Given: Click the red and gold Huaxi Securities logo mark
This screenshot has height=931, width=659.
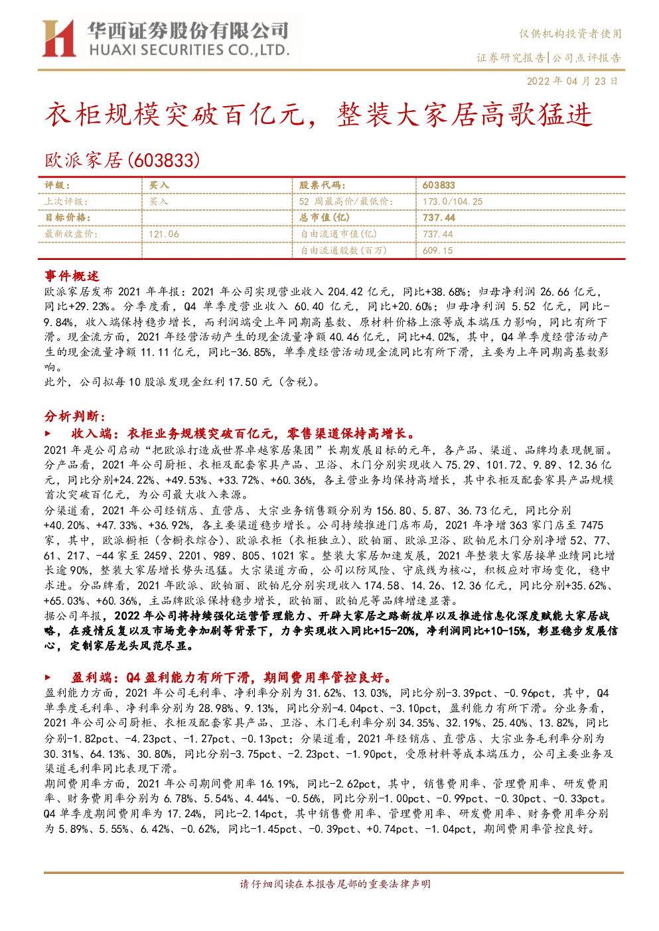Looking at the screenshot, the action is [x=59, y=38].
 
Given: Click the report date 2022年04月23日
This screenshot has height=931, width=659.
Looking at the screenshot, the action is [x=572, y=81].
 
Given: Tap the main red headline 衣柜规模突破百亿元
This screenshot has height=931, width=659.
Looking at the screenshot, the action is [x=175, y=115].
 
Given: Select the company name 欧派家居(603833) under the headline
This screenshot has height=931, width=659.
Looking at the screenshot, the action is [x=122, y=160].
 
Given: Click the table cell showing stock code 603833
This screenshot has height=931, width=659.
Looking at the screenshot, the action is [x=439, y=186].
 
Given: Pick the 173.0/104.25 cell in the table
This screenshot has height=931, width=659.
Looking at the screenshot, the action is [x=453, y=202].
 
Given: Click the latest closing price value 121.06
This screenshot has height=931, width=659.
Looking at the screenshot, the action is [x=164, y=235].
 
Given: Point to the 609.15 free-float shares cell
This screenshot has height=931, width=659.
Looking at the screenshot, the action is [x=437, y=251].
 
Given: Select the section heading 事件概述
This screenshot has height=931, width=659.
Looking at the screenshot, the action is [x=72, y=276].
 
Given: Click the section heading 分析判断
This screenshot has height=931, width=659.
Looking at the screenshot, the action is [x=75, y=416].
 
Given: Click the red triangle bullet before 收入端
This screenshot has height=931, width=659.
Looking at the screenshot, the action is [x=48, y=434].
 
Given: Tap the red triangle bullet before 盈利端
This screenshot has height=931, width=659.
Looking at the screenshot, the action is [x=48, y=678].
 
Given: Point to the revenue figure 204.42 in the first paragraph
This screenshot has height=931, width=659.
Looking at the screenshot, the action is [x=345, y=292].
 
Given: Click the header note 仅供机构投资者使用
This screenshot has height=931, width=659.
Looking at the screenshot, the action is [x=570, y=34].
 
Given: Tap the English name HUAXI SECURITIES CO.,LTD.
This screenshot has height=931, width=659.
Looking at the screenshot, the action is [x=189, y=50].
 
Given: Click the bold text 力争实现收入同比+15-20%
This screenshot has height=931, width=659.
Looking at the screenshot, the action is [x=350, y=631].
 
